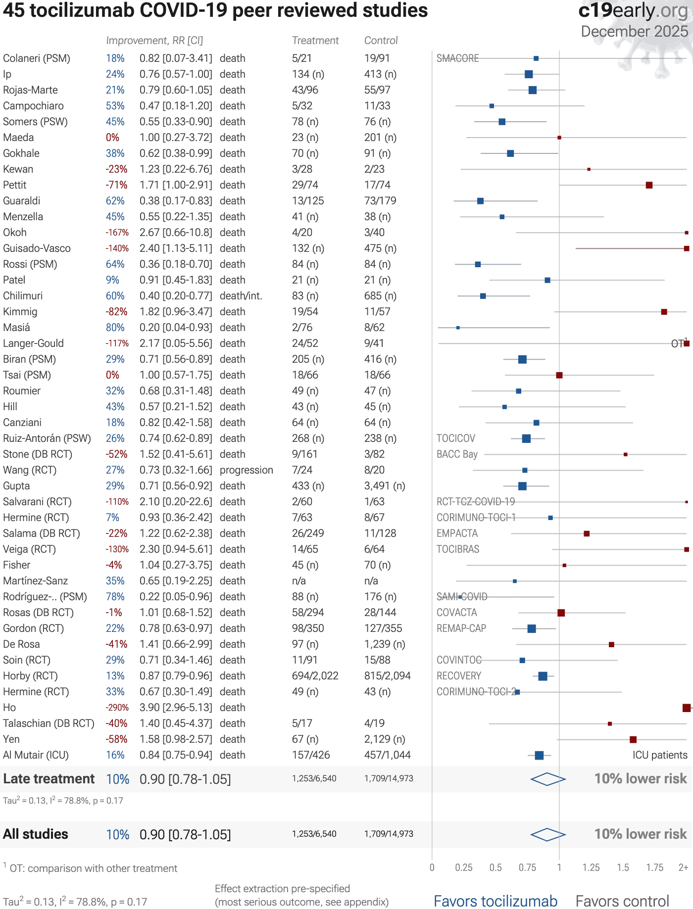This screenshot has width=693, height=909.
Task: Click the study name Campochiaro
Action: [x=33, y=106]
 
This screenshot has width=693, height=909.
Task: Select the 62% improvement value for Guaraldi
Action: [x=115, y=201]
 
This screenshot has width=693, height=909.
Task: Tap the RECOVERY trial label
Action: [x=458, y=676]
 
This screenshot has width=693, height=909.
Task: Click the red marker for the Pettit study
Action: [x=649, y=185]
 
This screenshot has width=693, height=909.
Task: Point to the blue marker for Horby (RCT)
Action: [x=543, y=676]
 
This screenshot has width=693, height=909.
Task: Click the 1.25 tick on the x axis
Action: [x=591, y=867]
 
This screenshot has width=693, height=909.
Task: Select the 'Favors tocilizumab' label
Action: [x=495, y=901]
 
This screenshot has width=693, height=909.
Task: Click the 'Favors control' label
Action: [x=622, y=901]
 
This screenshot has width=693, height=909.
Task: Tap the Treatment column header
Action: [x=315, y=41]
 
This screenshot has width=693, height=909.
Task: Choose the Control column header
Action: [x=381, y=41]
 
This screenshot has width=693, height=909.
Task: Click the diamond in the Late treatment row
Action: [x=548, y=779]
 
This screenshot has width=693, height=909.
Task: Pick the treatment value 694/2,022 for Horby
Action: [x=315, y=676]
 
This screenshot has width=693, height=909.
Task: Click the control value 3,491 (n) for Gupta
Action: [x=385, y=486]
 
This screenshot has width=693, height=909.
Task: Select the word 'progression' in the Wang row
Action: [x=246, y=470]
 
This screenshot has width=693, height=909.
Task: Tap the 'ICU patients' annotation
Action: [x=659, y=755]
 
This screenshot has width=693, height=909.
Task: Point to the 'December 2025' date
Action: [x=634, y=32]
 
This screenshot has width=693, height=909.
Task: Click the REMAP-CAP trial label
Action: [x=461, y=628]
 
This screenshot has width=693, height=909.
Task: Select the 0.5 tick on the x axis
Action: [x=495, y=867]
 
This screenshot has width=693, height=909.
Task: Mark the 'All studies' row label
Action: [x=36, y=834]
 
